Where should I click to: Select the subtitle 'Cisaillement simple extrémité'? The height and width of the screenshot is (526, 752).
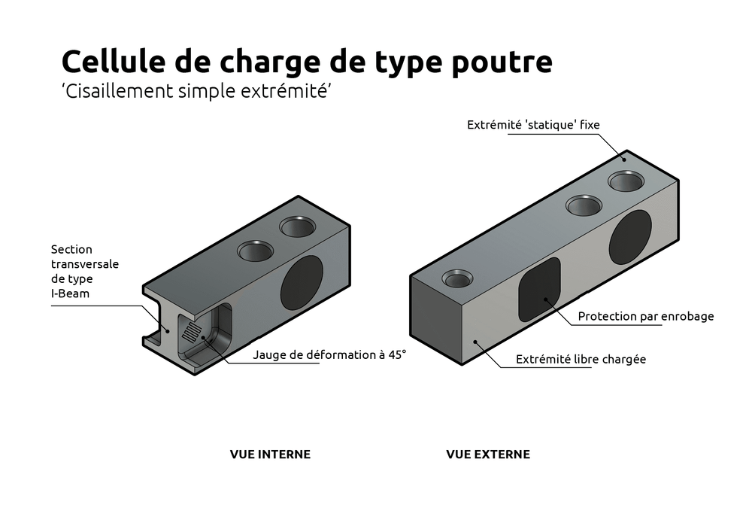[196, 91]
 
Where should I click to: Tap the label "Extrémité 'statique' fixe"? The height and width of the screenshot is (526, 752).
[534, 125]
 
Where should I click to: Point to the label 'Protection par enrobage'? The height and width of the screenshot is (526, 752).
[645, 317]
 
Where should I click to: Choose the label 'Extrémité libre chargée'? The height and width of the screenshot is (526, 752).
[581, 360]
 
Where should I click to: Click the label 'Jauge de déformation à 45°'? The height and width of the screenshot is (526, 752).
[329, 354]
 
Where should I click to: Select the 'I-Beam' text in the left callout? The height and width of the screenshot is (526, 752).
[70, 293]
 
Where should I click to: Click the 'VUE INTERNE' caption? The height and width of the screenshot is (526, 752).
[270, 455]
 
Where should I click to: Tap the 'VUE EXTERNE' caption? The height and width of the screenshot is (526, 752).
[488, 455]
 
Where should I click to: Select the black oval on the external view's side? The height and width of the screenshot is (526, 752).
[630, 238]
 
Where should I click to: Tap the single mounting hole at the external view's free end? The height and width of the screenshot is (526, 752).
[458, 280]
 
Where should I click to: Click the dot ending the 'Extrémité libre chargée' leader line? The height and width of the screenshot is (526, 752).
[475, 342]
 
